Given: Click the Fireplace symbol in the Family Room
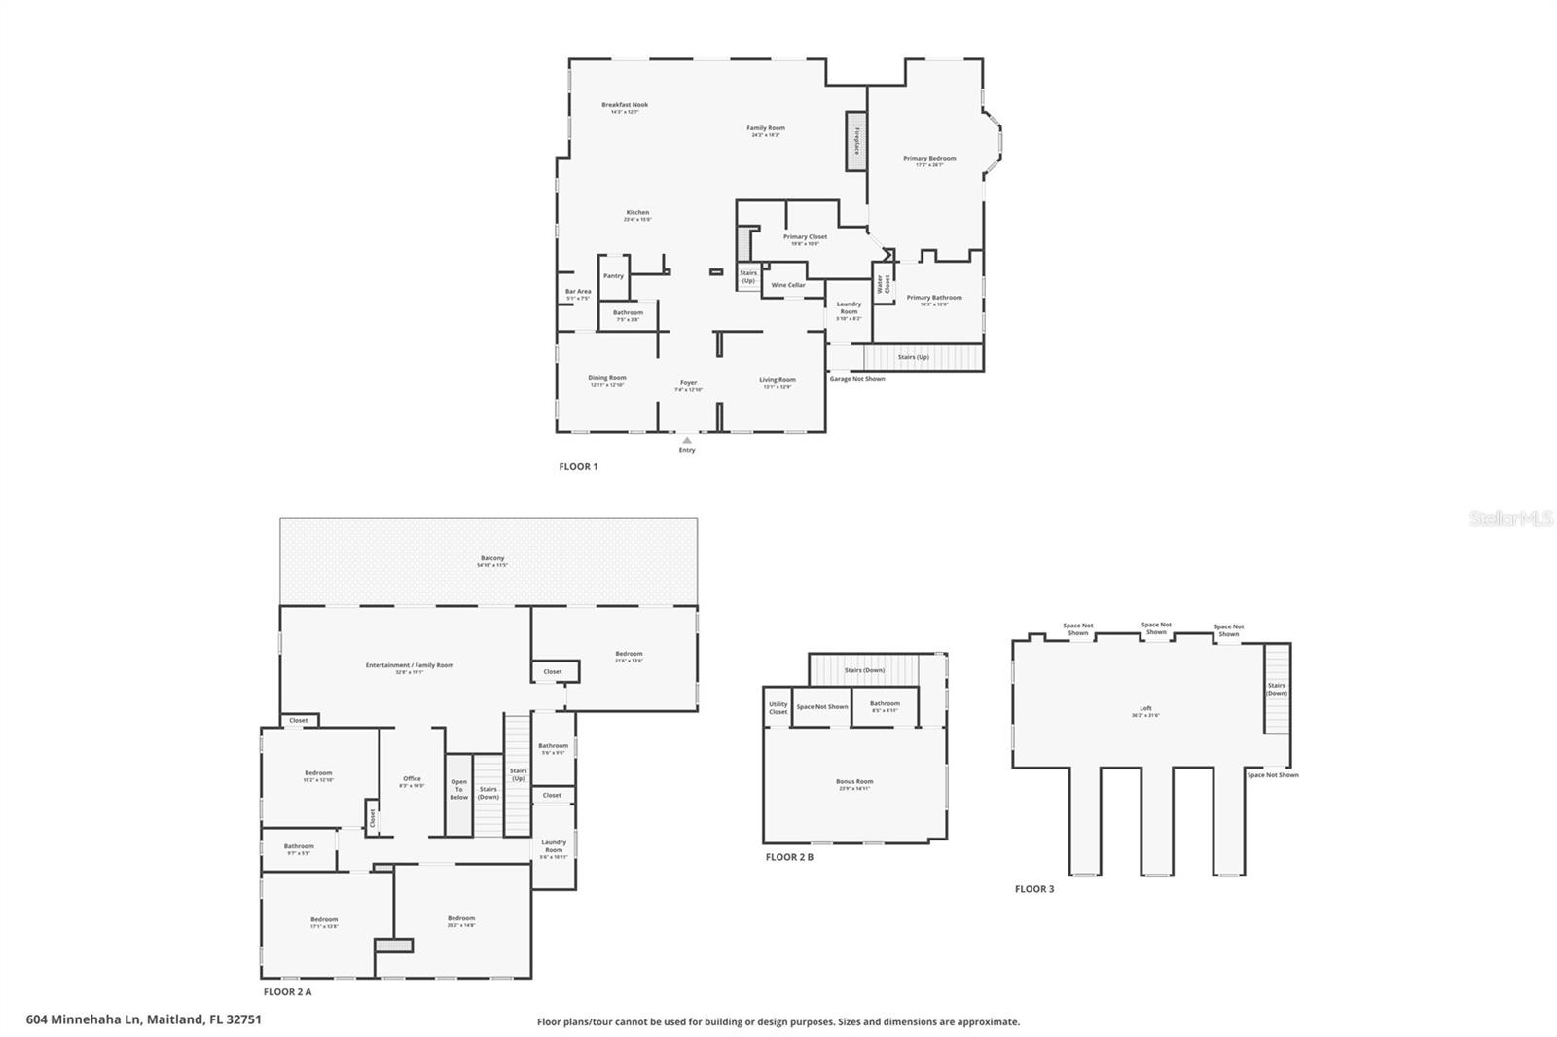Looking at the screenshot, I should [x=855, y=142].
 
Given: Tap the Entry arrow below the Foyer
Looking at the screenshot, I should [x=687, y=441].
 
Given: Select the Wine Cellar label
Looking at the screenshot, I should [x=788, y=285].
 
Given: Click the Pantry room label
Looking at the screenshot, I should [x=613, y=276].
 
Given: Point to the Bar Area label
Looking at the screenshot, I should [x=578, y=292].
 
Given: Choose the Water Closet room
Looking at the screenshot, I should [x=884, y=284].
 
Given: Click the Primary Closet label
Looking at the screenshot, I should [x=805, y=237].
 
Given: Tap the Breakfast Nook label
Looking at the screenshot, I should [x=625, y=105].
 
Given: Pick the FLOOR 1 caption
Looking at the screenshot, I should [x=578, y=467].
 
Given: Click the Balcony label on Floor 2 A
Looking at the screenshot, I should [x=491, y=559].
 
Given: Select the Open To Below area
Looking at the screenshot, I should [x=458, y=789].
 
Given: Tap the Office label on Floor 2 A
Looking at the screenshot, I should [x=412, y=779].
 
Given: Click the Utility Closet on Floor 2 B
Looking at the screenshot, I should [x=778, y=707].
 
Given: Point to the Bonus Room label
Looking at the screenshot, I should [x=854, y=782].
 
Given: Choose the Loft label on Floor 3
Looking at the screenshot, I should [x=1145, y=709].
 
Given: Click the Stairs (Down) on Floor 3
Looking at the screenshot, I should [x=1277, y=690].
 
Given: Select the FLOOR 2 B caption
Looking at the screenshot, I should [x=789, y=857].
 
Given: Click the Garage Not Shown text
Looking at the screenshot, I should [x=857, y=379].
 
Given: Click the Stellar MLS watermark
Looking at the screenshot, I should [x=1510, y=519].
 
